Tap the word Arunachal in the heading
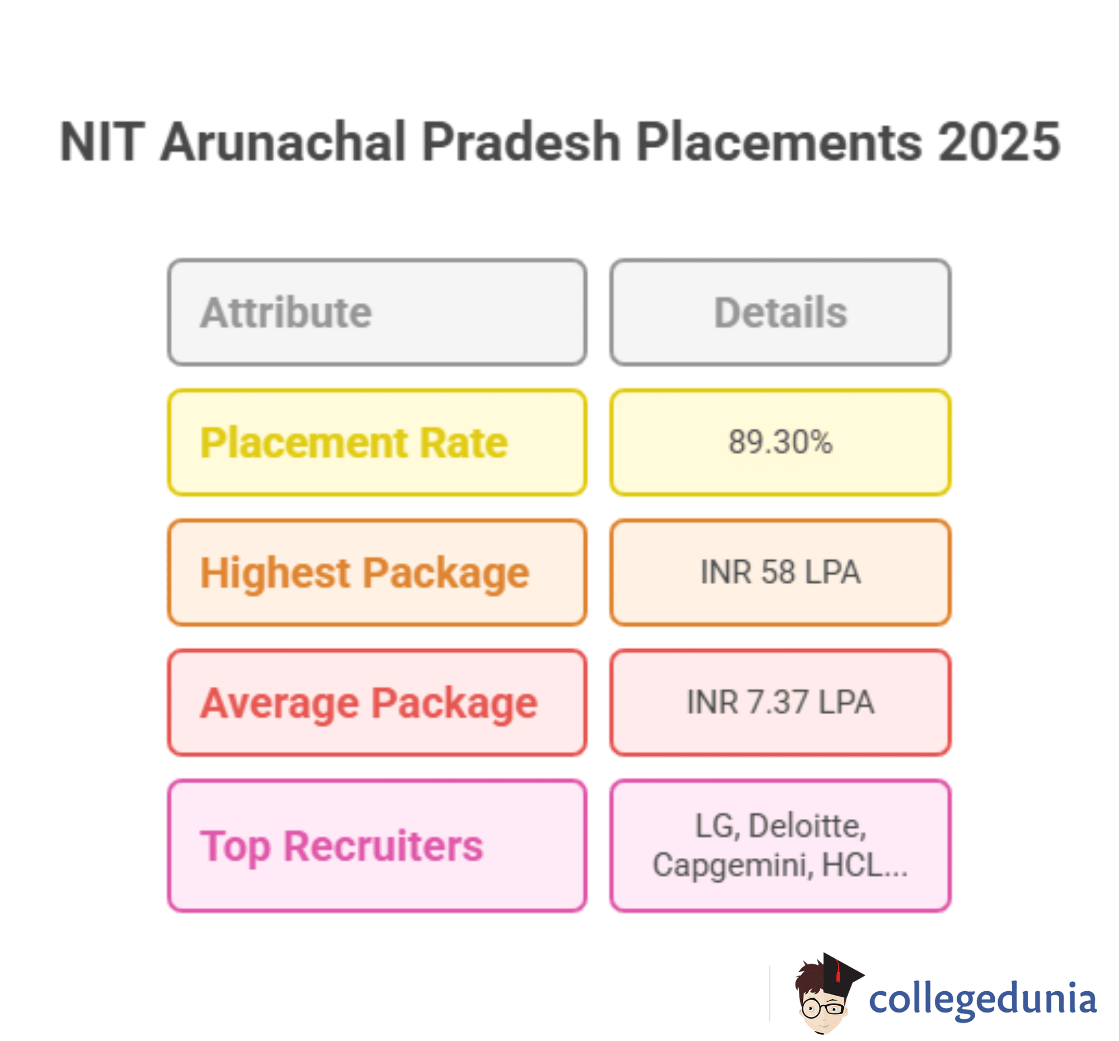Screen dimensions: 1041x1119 [x=283, y=142]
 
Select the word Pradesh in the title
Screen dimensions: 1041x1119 [x=521, y=142]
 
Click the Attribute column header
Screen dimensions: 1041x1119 [x=286, y=312]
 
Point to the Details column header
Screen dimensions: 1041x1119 [x=780, y=312]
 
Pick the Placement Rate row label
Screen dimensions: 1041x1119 [x=354, y=443]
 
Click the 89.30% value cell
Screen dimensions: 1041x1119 [x=780, y=442]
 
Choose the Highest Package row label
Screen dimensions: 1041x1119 [x=365, y=573]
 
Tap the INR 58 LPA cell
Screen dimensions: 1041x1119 [x=780, y=572]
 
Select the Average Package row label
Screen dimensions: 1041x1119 [x=369, y=702]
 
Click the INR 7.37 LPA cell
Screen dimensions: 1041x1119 [x=780, y=702]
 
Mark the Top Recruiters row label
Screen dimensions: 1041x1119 [x=342, y=846]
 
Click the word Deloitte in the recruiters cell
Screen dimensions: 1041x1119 [x=807, y=826]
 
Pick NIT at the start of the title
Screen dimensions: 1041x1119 [x=102, y=142]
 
